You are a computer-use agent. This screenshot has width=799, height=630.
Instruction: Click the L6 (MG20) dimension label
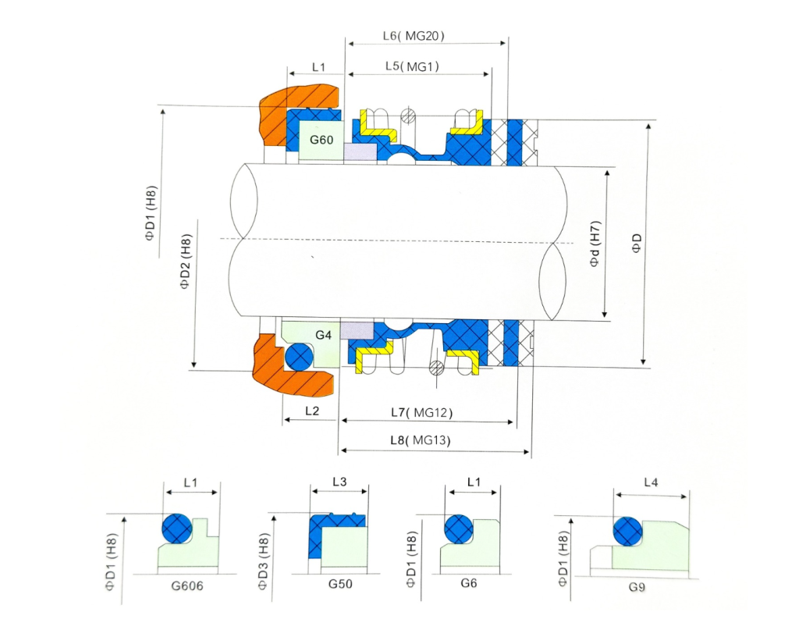pos(414,36)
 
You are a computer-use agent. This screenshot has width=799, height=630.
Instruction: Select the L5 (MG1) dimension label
pos(412,67)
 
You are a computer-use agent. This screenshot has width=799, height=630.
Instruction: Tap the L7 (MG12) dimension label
pos(421,412)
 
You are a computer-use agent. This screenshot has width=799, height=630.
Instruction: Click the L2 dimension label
pos(311,411)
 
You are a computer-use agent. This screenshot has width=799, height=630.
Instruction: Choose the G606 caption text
pos(188,584)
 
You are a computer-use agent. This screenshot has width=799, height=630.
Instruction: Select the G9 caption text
pos(641,584)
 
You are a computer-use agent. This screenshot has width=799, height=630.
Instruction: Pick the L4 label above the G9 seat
pos(650,483)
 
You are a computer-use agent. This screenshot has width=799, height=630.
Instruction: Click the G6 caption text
pos(469,584)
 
